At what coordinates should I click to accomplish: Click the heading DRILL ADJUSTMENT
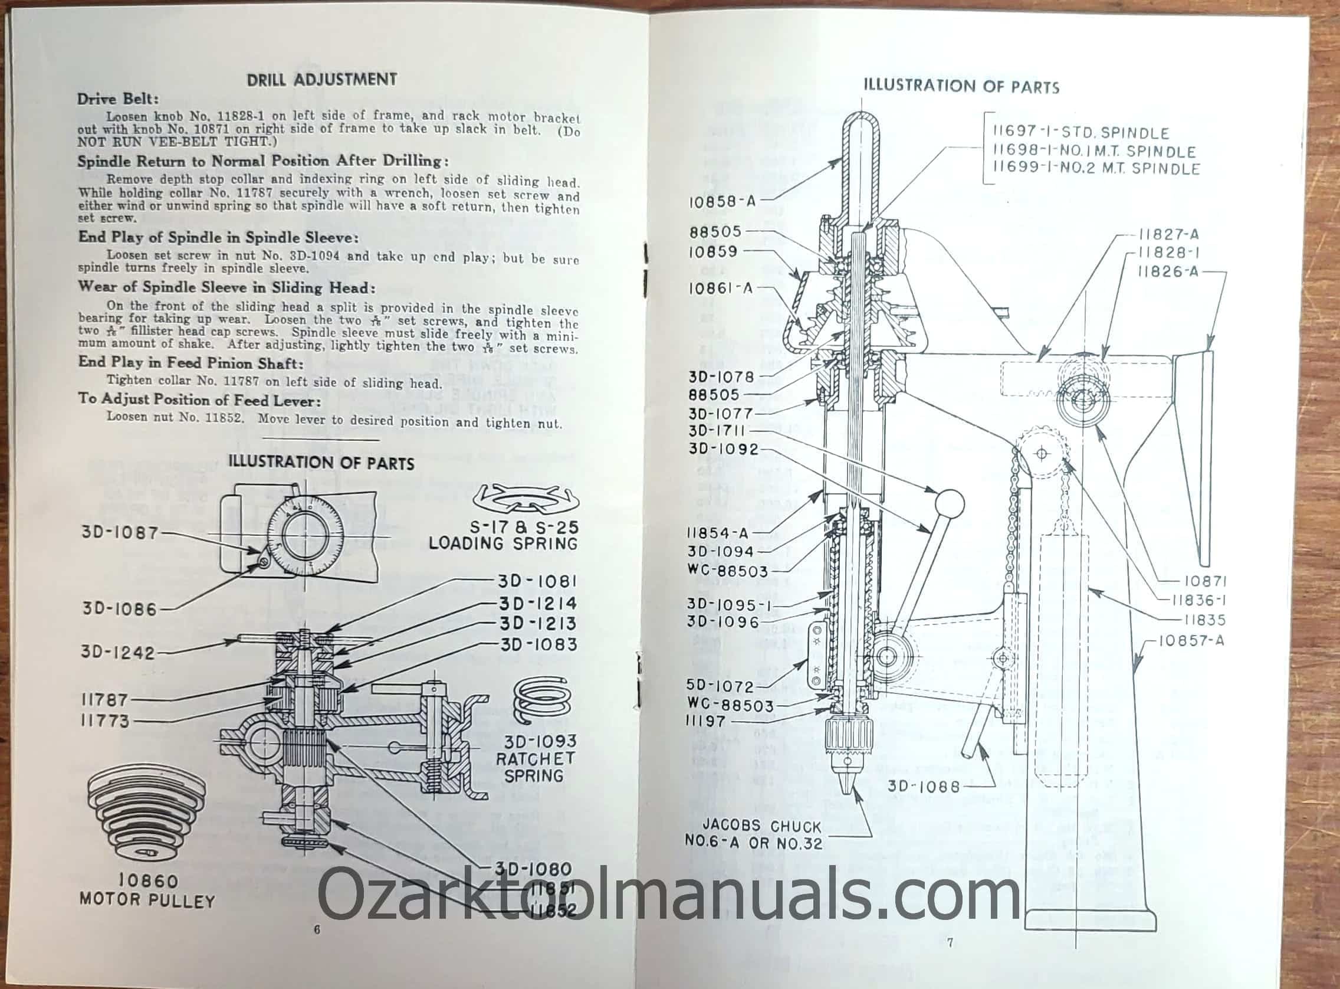(322, 80)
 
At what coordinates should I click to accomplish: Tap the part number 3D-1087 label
(120, 532)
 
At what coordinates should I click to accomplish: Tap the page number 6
(317, 929)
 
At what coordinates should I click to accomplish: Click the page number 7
(950, 942)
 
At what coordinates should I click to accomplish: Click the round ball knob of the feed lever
(949, 503)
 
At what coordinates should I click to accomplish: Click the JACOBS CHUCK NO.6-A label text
(753, 834)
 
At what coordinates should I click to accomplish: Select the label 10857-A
(1191, 641)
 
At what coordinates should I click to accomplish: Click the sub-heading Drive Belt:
(118, 98)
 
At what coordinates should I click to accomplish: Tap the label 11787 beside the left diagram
(105, 699)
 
